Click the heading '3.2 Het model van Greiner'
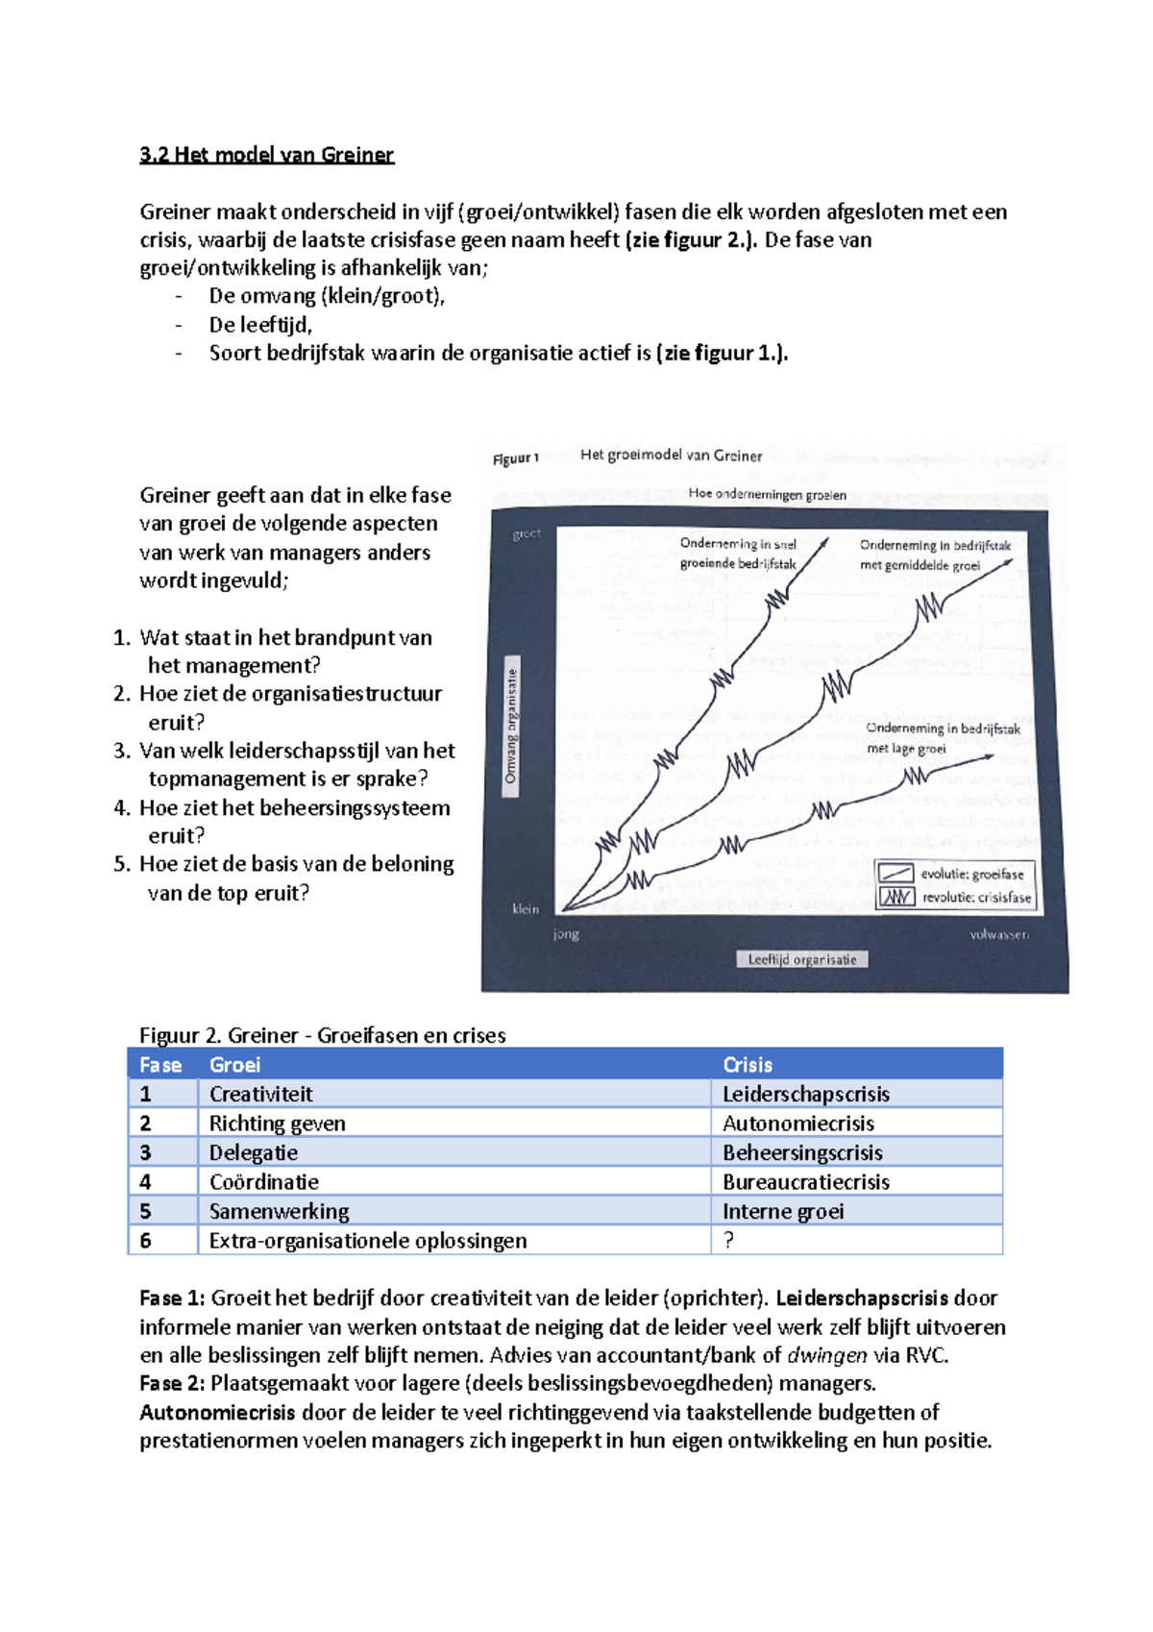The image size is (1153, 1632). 266,155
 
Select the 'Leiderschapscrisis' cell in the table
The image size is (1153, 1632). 805,1094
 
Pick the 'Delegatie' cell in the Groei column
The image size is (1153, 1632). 254,1152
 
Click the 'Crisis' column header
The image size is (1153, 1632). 748,1065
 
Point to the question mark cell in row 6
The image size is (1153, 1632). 729,1240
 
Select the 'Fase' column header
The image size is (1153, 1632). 160,1065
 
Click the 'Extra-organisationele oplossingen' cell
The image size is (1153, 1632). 368,1240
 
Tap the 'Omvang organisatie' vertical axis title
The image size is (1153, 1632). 512,727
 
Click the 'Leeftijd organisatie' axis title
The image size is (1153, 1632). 802,959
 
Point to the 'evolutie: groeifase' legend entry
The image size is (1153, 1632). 970,874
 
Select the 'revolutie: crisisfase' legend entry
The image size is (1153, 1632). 975,898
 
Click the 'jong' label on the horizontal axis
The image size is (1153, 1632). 566,933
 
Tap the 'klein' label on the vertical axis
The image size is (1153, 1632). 526,908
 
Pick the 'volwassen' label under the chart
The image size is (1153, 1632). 998,934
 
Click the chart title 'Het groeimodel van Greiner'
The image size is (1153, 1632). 671,456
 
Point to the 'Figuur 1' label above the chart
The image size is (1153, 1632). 516,459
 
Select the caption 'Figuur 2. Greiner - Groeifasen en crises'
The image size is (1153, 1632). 322,1035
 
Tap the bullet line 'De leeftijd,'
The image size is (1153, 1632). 260,325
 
